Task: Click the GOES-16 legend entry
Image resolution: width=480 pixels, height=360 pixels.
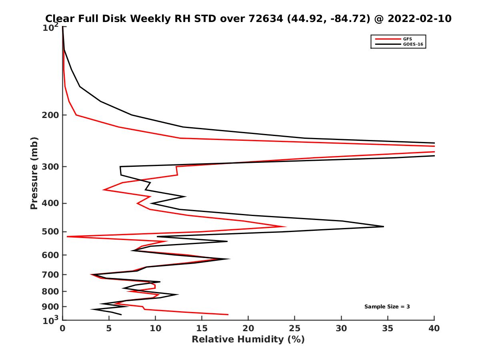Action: point(412,44)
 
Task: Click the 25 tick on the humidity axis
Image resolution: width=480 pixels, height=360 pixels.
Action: point(295,329)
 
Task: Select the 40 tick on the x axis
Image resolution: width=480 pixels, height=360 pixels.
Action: point(434,329)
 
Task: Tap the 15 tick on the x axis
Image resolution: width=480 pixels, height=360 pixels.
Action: point(202,329)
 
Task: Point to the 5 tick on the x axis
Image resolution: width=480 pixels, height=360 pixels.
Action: point(109,329)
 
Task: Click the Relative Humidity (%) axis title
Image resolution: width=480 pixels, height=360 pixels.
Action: point(248,340)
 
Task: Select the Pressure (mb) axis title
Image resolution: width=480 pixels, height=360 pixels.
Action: point(34,173)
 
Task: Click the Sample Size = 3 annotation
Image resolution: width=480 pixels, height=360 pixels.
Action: point(387,307)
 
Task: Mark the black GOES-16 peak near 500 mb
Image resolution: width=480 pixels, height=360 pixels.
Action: point(383,226)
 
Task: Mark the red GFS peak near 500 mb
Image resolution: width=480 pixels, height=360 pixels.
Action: point(286,226)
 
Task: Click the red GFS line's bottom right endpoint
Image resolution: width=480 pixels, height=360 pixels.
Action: point(228,314)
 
